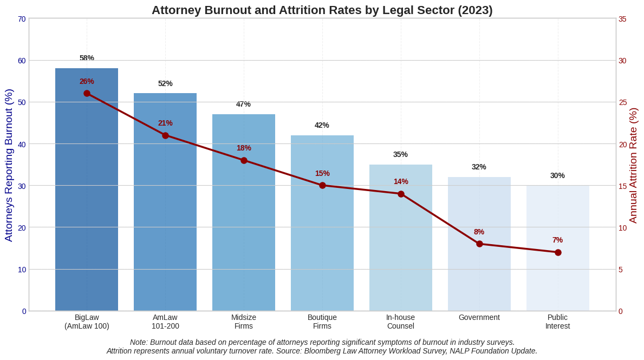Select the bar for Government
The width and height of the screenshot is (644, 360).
(x=479, y=244)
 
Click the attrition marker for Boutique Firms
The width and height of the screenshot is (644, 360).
(x=322, y=185)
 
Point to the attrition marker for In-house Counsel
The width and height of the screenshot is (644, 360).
(x=401, y=194)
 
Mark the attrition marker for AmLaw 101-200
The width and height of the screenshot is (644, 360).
(x=165, y=135)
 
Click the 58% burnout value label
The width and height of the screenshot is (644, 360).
(x=87, y=58)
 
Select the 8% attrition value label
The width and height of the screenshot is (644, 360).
(x=479, y=232)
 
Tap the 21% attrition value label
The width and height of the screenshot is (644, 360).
(x=165, y=123)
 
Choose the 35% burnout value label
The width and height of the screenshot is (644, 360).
(x=401, y=154)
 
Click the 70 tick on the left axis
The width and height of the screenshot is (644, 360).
(x=22, y=19)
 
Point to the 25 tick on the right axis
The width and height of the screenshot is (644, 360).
(x=622, y=102)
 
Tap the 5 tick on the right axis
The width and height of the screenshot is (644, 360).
(x=621, y=269)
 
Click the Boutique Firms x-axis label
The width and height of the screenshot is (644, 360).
(x=322, y=322)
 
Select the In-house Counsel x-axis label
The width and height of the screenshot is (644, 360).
(x=401, y=322)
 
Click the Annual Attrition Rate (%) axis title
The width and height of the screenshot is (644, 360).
(x=633, y=165)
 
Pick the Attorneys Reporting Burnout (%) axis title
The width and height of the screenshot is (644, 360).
(x=9, y=165)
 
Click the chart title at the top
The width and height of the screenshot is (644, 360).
(x=322, y=10)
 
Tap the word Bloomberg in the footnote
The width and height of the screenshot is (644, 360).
(x=325, y=351)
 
